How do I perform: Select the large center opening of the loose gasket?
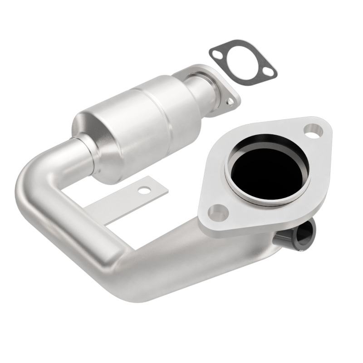coord(242,62)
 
